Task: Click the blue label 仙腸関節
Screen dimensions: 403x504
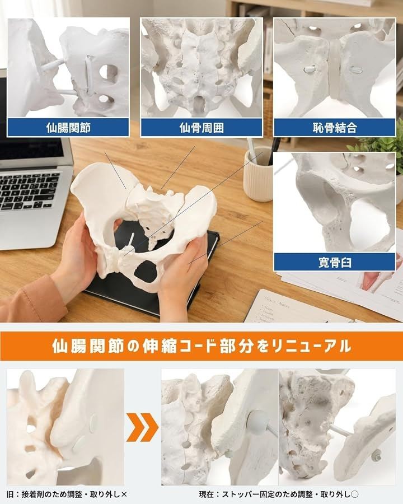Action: tap(68, 128)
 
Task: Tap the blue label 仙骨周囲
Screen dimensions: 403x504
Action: tap(201, 128)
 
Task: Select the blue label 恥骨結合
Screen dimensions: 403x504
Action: tap(335, 128)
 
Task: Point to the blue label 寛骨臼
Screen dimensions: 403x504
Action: tap(335, 262)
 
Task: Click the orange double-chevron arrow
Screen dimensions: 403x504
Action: tap(142, 427)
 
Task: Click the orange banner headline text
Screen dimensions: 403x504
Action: tap(201, 346)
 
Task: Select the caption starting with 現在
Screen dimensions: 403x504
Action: tap(279, 494)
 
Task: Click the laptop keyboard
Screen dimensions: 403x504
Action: tap(29, 190)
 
